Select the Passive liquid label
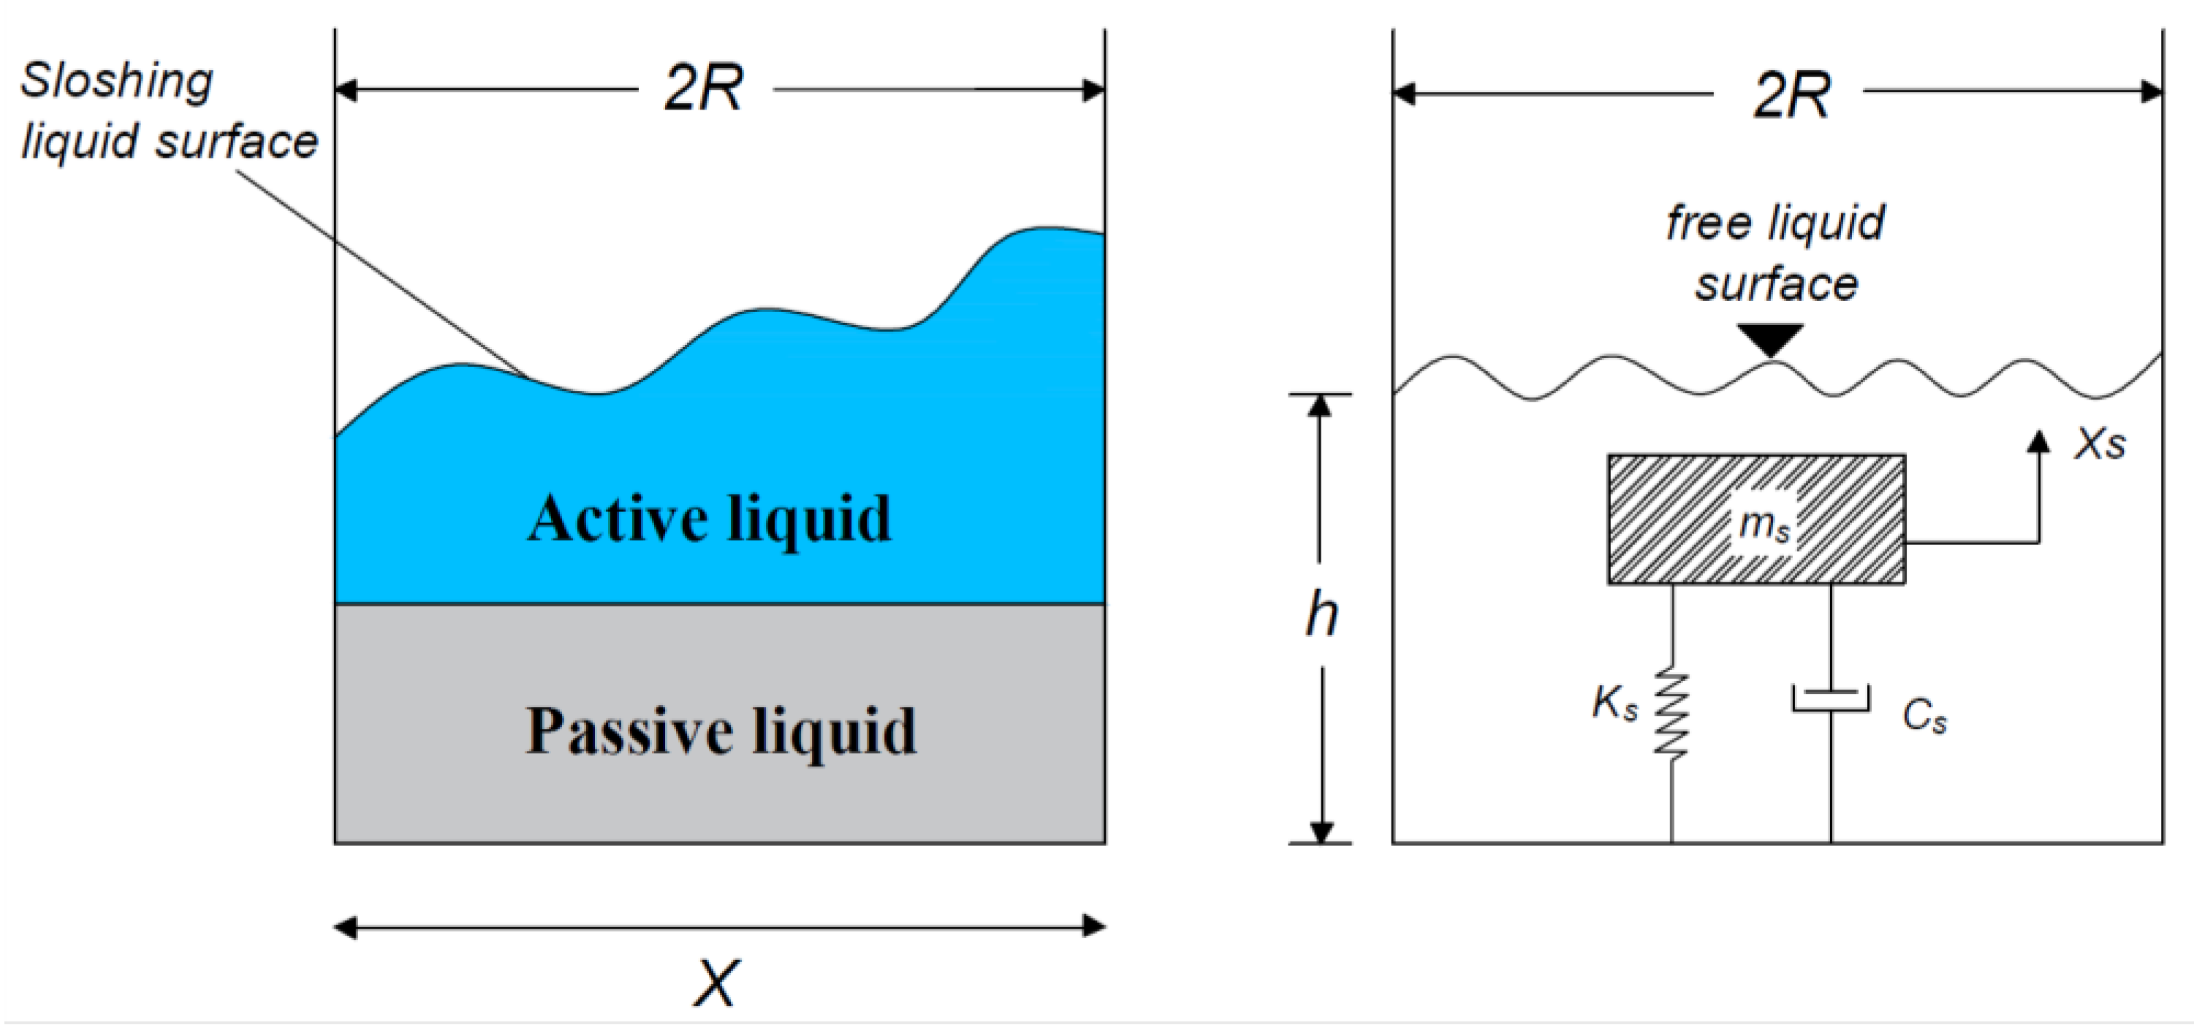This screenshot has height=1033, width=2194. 720,731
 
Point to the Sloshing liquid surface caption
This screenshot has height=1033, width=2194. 168,111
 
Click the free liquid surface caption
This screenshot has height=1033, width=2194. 1776,253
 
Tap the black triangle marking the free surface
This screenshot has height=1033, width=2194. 1771,340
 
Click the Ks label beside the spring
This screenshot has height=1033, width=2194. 1614,705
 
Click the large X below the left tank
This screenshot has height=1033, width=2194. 715,983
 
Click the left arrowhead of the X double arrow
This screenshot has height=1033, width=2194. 345,926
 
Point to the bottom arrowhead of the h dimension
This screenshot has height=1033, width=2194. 1321,831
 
